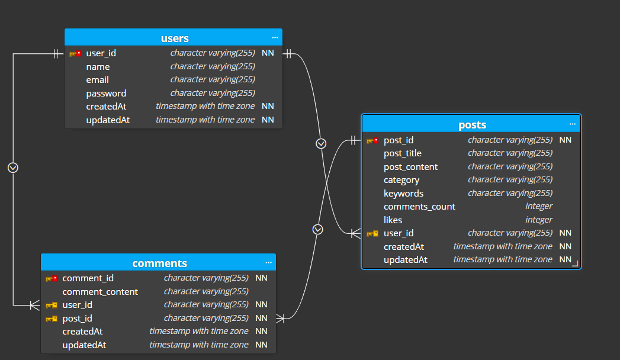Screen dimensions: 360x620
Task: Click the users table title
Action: [x=175, y=38]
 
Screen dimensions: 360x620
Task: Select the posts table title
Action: [x=472, y=125]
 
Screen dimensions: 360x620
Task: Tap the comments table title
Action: [x=159, y=263]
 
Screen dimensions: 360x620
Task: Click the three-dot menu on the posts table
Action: [x=573, y=124]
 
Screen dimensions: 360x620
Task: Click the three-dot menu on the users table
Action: [x=275, y=38]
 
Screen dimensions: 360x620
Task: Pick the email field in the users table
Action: [x=98, y=80]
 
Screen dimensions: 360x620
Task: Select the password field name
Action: [x=106, y=94]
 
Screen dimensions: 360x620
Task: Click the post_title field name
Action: [x=403, y=153]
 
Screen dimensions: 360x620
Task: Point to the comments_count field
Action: [x=419, y=207]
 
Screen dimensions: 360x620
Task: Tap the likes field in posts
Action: [x=393, y=220]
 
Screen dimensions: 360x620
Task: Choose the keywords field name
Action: [x=403, y=194]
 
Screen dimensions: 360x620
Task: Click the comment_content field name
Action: [x=100, y=292]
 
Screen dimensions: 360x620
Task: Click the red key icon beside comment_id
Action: [x=52, y=278]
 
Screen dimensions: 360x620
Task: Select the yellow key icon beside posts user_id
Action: [x=372, y=233]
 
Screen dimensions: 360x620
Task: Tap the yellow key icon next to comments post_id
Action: [x=52, y=319]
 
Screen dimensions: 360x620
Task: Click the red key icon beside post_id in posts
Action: [x=372, y=140]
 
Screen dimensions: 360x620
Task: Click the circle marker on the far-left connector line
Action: [x=13, y=168]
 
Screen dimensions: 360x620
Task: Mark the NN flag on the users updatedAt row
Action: [x=268, y=120]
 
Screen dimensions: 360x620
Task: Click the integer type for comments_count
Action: [x=538, y=207]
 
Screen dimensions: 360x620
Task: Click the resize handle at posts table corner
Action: [x=575, y=263]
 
